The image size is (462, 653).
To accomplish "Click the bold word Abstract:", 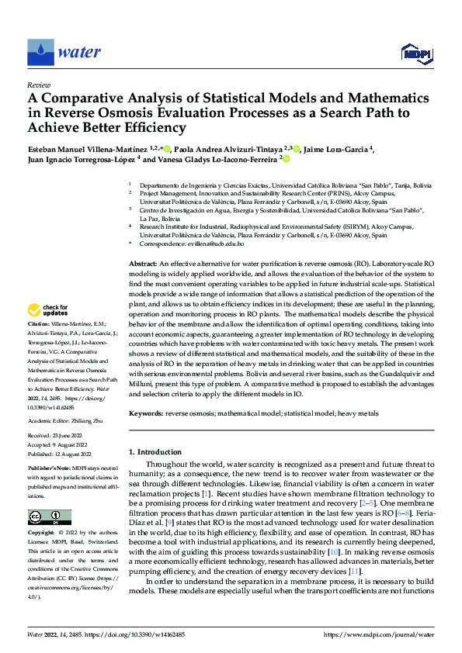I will point(143,264).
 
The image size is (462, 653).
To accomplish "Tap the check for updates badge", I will point(49,310).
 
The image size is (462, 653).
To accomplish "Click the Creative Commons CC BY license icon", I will point(49,517).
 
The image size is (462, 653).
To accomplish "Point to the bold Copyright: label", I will point(41,534).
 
